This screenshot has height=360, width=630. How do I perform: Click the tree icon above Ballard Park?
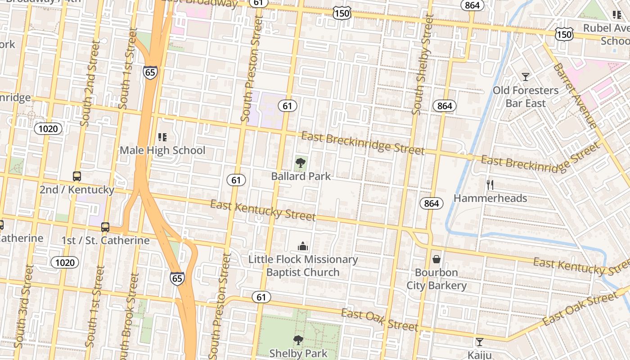(301, 162)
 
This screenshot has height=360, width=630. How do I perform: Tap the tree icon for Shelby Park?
(298, 340)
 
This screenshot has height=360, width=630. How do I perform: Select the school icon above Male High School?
(162, 137)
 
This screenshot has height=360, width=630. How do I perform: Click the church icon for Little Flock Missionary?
(303, 246)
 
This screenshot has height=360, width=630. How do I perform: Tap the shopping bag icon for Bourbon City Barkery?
(436, 259)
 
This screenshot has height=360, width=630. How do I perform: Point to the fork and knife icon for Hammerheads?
(490, 184)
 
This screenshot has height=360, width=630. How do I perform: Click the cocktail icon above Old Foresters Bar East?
(525, 76)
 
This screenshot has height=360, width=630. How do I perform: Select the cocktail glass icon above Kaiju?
(480, 342)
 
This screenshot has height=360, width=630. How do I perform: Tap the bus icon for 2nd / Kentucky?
(77, 176)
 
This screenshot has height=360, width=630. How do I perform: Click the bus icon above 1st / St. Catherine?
(105, 227)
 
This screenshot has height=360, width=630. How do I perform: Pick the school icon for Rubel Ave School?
(616, 15)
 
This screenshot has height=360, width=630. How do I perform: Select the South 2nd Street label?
(90, 83)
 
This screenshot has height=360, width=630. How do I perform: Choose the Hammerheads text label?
(490, 198)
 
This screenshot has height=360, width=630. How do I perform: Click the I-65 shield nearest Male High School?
(150, 72)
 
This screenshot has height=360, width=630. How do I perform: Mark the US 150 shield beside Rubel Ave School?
(564, 34)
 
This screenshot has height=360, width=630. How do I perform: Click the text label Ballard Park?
(301, 176)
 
